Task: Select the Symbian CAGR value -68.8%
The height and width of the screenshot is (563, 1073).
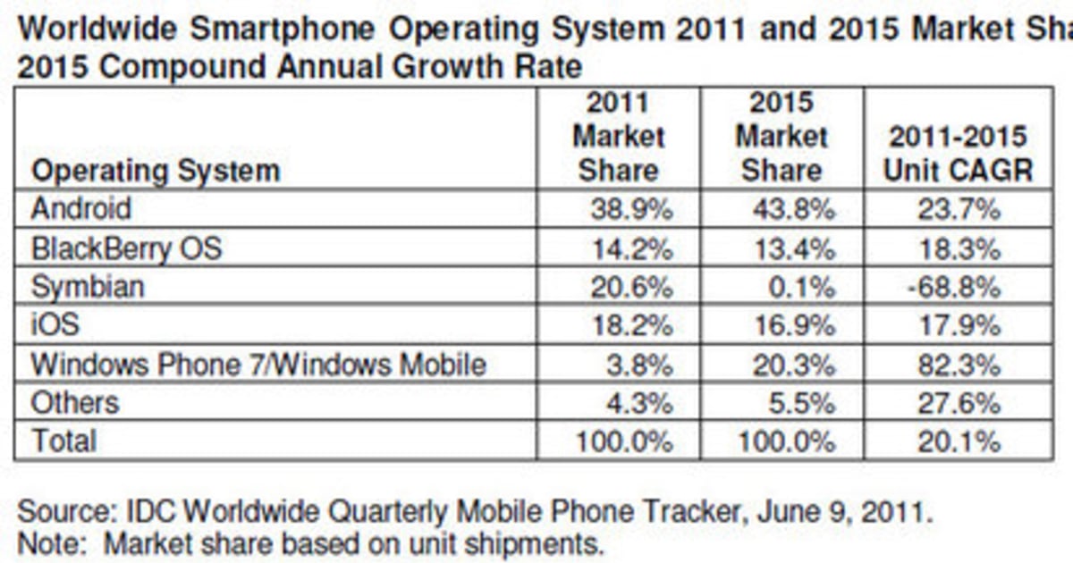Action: tap(955, 288)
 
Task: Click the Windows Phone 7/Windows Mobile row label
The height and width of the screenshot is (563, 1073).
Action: tap(258, 365)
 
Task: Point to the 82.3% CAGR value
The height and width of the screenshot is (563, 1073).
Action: tap(959, 365)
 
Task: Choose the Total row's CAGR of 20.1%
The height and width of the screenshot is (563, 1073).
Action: tap(959, 441)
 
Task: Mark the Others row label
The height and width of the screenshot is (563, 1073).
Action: tap(75, 403)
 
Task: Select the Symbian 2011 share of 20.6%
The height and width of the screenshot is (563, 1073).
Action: tap(631, 288)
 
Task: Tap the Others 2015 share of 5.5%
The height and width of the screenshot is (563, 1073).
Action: tap(801, 403)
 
